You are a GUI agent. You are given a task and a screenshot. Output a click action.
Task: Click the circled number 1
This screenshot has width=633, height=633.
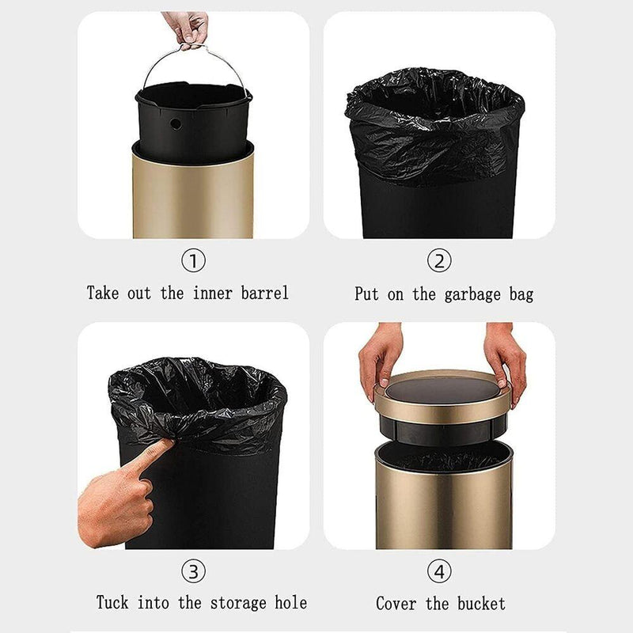[193, 261]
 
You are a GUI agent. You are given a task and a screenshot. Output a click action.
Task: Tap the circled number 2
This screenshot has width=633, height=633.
[439, 261]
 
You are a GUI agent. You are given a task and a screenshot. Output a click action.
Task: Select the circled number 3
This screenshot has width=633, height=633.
[193, 571]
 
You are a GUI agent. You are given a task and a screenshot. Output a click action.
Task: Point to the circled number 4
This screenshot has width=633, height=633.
[439, 571]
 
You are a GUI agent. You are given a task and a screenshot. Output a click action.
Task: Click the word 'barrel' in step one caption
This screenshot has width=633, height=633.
[265, 293]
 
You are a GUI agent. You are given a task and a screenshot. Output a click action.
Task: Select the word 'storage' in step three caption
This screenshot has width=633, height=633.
[238, 603]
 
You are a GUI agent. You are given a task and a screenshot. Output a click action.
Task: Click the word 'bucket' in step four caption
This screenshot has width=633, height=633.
[481, 604]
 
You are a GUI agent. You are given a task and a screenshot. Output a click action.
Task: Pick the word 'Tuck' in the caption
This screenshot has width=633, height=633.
[112, 602]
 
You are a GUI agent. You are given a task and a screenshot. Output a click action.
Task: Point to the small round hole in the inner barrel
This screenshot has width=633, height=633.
[176, 124]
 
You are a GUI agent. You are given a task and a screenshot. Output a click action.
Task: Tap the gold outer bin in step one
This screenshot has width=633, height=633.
[193, 194]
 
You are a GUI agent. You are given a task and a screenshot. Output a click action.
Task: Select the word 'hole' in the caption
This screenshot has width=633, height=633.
[290, 602]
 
